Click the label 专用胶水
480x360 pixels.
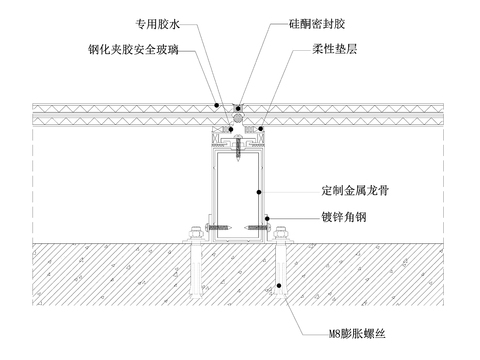tap(158, 21)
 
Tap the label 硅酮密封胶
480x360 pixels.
tap(310, 21)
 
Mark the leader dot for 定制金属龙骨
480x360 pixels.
tap(260, 190)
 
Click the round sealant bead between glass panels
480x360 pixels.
tap(237, 117)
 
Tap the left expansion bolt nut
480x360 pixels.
tap(190, 237)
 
